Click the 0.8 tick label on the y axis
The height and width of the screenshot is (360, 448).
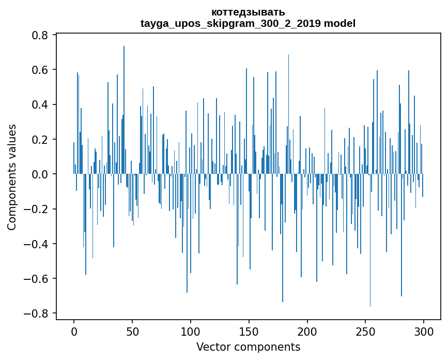click(40, 35)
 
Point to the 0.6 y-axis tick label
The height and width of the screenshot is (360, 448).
click(40, 70)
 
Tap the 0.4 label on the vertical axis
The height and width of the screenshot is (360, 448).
click(40, 104)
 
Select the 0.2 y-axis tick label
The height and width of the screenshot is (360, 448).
click(40, 140)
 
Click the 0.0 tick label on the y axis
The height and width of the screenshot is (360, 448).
click(40, 174)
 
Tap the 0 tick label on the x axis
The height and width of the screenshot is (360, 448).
click(74, 331)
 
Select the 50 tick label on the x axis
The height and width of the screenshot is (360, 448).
click(132, 331)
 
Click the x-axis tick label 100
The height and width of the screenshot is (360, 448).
click(191, 331)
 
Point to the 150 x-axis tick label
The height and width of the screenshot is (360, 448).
click(249, 331)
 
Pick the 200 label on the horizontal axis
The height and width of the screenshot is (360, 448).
click(307, 331)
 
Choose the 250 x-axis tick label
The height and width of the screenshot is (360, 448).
click(366, 331)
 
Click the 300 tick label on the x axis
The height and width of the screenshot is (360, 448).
click(424, 331)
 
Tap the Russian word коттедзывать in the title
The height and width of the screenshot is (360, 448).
click(248, 12)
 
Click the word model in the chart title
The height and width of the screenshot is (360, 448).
click(340, 23)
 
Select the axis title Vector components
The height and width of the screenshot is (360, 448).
click(248, 347)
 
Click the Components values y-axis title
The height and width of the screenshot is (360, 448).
click(12, 177)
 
